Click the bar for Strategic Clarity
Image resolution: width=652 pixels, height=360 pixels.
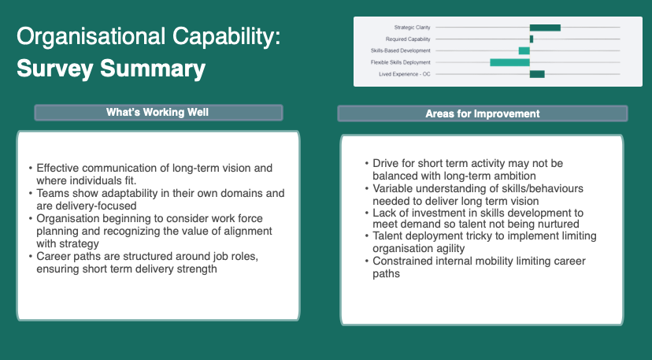[x=545, y=28]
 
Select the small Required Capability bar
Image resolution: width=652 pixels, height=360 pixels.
[x=532, y=39]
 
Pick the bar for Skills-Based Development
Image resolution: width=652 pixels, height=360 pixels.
[x=524, y=50]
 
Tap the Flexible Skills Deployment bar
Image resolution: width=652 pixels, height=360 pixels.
[x=509, y=62]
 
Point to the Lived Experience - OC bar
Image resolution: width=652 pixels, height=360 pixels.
[x=537, y=74]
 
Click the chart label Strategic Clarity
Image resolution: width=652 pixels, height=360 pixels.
[x=412, y=28]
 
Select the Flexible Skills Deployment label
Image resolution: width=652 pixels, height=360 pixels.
[x=401, y=62]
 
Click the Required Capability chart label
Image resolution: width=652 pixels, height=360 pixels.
[x=408, y=39]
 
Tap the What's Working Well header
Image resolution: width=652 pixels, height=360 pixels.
[x=157, y=113]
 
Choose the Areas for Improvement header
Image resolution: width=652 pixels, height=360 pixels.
[x=483, y=113]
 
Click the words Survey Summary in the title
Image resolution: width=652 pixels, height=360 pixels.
[x=111, y=69]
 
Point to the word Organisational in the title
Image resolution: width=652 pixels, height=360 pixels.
[x=91, y=36]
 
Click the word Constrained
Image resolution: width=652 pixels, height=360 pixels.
[x=402, y=261]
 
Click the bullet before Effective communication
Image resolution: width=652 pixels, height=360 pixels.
[x=31, y=168]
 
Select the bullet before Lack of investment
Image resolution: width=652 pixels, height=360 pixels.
[x=367, y=213]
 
